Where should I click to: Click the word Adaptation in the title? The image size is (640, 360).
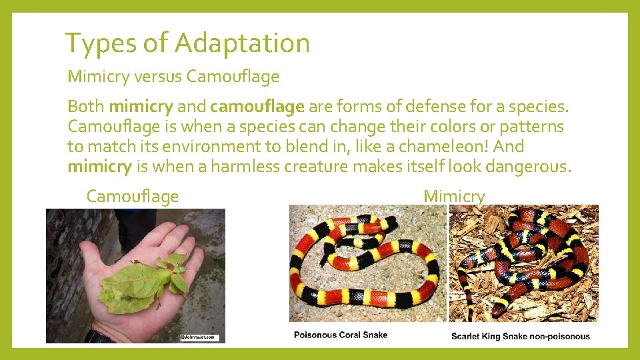point(243,43)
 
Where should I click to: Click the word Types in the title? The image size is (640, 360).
point(101,44)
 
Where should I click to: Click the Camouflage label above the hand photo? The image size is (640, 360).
point(133,197)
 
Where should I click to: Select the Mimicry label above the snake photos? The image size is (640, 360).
point(454,197)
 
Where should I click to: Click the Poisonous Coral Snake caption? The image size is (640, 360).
point(341,335)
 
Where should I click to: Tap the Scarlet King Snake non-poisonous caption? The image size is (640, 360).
point(521,336)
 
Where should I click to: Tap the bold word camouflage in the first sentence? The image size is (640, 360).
point(257,107)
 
